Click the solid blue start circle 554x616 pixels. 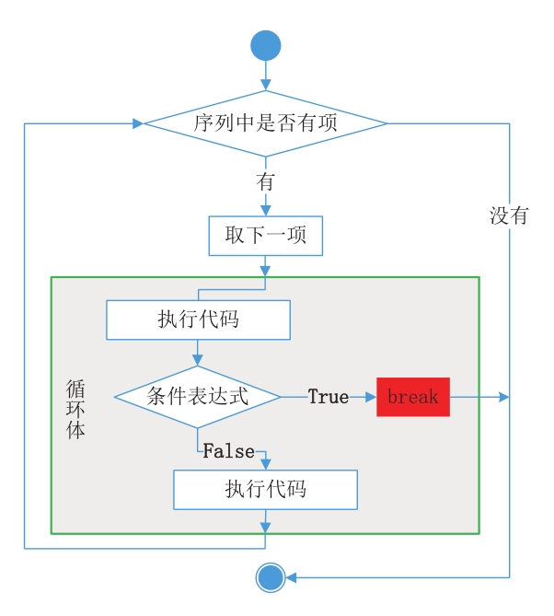(x=266, y=45)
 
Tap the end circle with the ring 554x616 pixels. (x=271, y=577)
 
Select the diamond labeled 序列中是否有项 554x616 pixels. (x=266, y=122)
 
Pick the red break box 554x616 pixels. (x=413, y=397)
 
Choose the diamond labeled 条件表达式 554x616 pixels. (x=198, y=397)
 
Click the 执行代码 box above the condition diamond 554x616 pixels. (x=198, y=320)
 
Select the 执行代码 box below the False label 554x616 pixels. (x=265, y=490)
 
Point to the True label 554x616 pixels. (x=328, y=397)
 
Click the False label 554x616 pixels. (x=228, y=451)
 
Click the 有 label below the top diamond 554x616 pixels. (x=266, y=182)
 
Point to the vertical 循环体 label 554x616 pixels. (x=75, y=410)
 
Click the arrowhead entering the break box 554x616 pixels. (x=371, y=397)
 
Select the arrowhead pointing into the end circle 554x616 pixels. (x=291, y=577)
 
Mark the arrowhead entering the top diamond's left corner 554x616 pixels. (x=139, y=122)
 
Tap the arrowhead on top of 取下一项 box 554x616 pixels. (x=266, y=212)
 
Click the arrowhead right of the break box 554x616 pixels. (x=503, y=397)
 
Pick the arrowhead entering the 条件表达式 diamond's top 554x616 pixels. (x=198, y=362)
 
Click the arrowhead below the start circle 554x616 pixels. (x=266, y=85)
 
